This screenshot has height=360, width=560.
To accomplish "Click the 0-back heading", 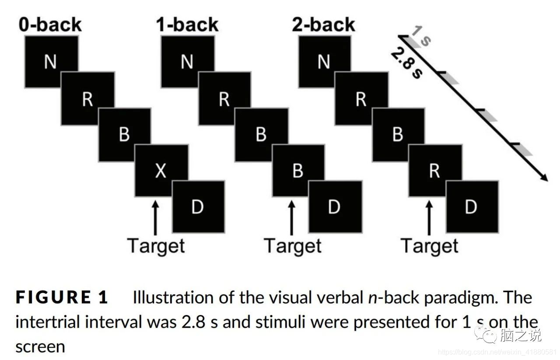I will click(50, 24).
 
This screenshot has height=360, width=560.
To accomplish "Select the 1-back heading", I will click(187, 24).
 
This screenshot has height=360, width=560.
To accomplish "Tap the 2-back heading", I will click(323, 24).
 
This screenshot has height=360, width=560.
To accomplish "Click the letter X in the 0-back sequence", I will click(161, 171).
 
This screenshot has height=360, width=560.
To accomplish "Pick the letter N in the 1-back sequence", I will click(187, 62).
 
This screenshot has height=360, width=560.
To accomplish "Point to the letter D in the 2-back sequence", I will click(471, 207).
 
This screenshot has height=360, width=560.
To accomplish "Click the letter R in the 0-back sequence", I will click(87, 100).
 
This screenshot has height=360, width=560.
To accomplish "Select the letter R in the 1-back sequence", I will click(224, 100).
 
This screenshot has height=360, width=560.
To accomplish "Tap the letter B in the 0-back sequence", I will click(124, 135).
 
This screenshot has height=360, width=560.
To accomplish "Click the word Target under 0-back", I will click(156, 246).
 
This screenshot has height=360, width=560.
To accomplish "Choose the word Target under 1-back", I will click(293, 246).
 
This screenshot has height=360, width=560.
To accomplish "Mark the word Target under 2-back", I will click(429, 246).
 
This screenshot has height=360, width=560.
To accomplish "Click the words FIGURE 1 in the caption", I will click(62, 298).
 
